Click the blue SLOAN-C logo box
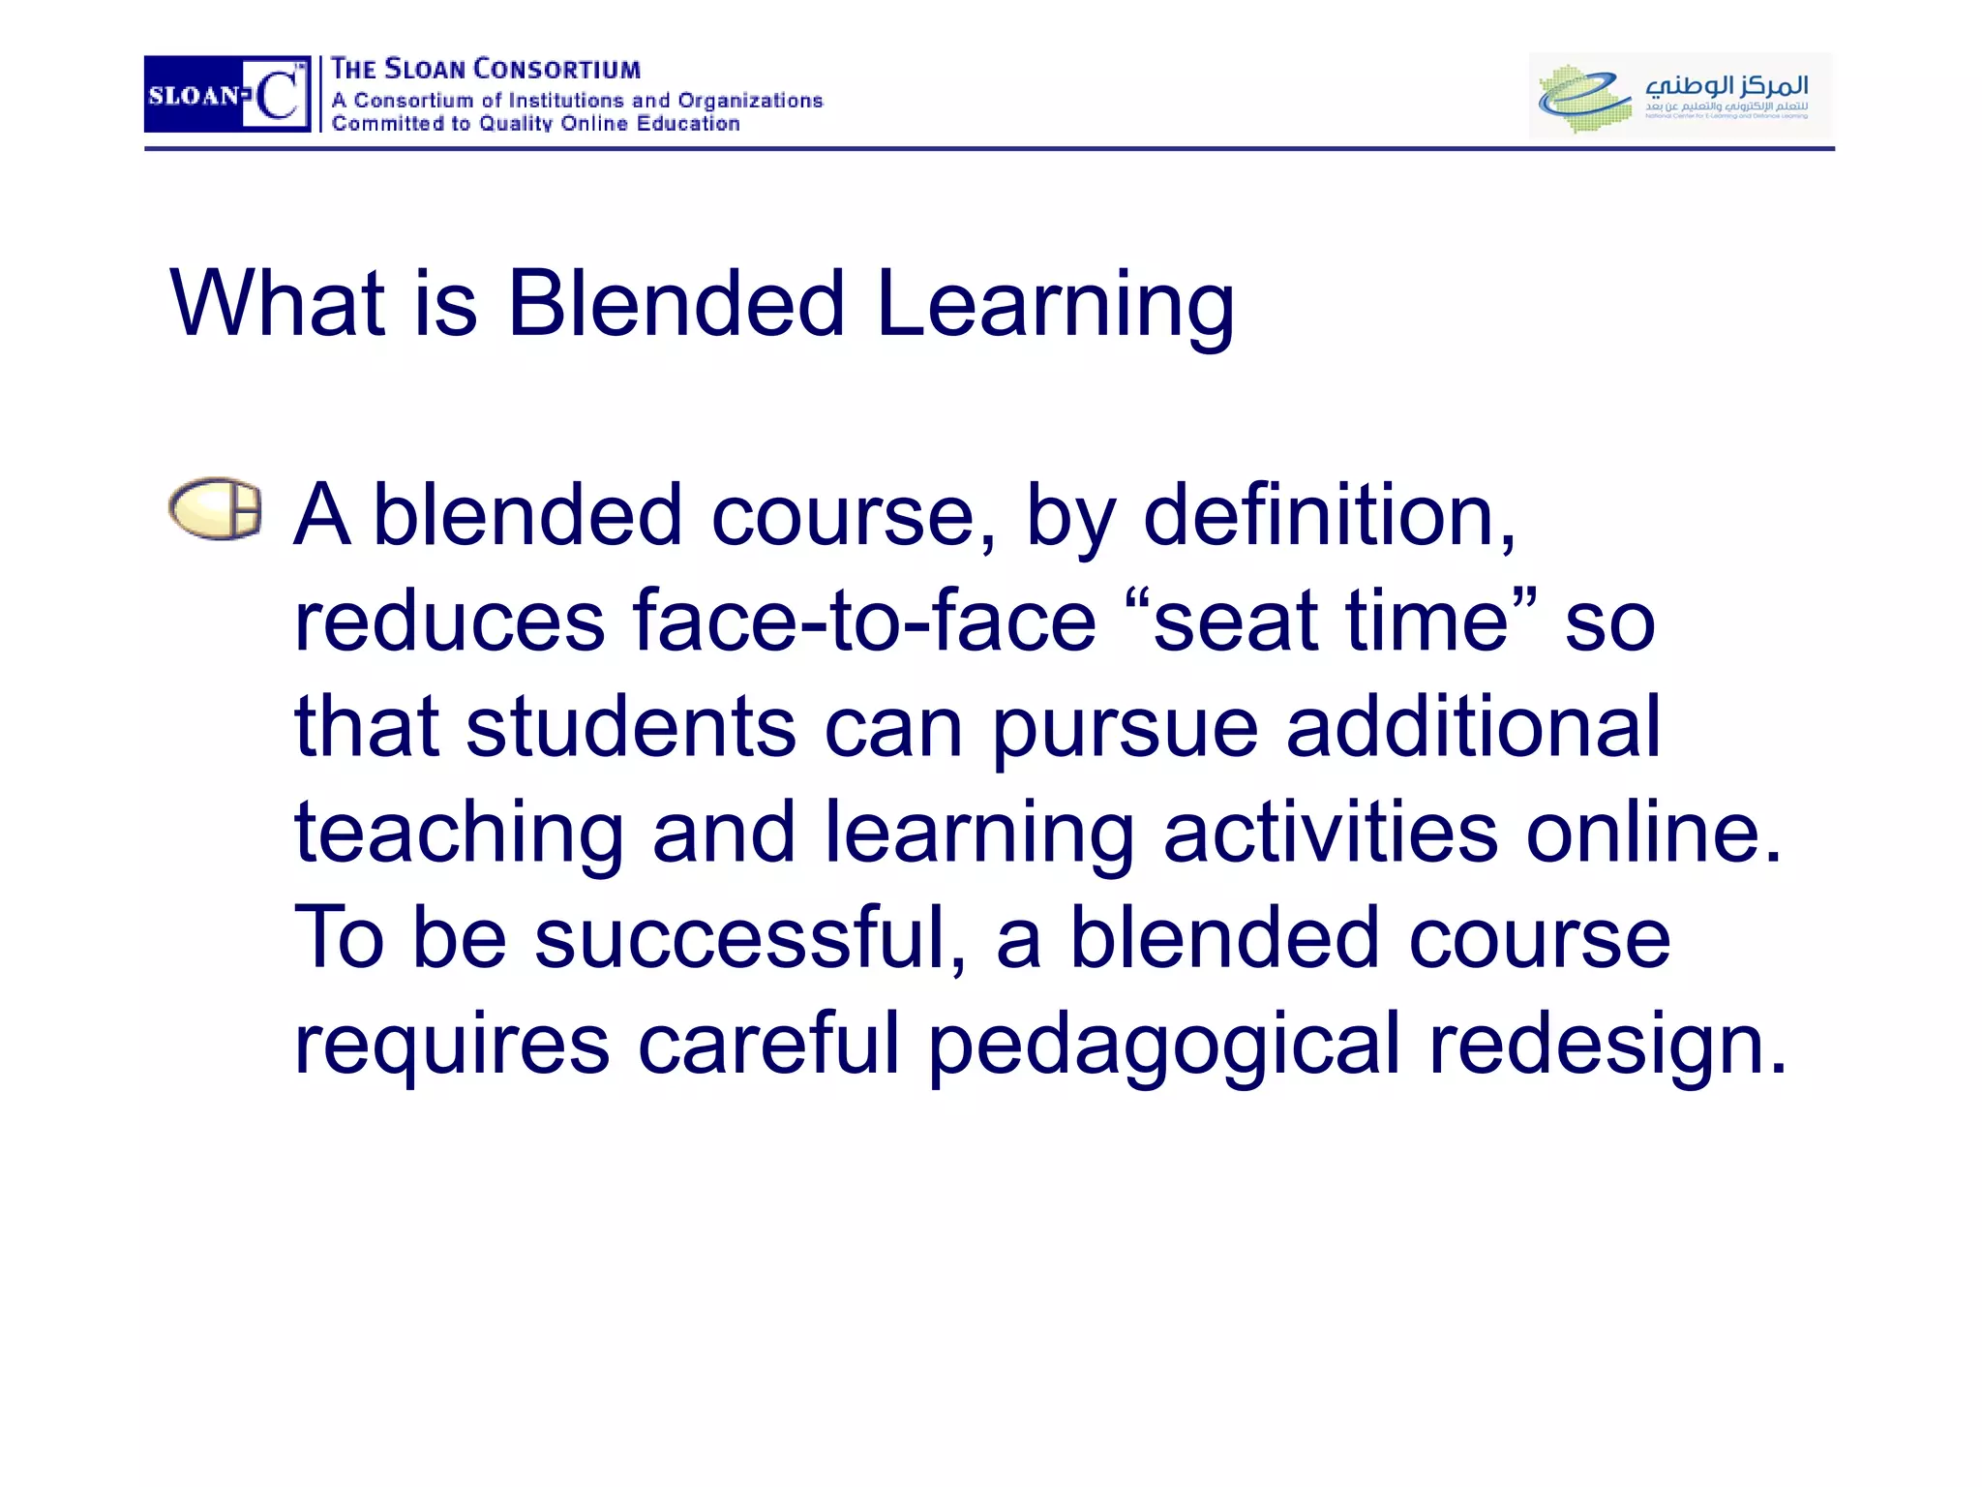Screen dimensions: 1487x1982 coord(226,94)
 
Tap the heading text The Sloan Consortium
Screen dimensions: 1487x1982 coord(485,70)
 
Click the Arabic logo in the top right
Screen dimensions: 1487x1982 coord(1679,94)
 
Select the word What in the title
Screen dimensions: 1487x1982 coord(278,304)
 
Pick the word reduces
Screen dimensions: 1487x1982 coord(449,622)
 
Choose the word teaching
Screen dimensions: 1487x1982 coord(459,835)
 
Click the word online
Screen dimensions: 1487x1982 coord(1652,833)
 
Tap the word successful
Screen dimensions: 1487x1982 coord(749,938)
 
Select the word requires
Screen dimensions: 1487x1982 coord(451,1046)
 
